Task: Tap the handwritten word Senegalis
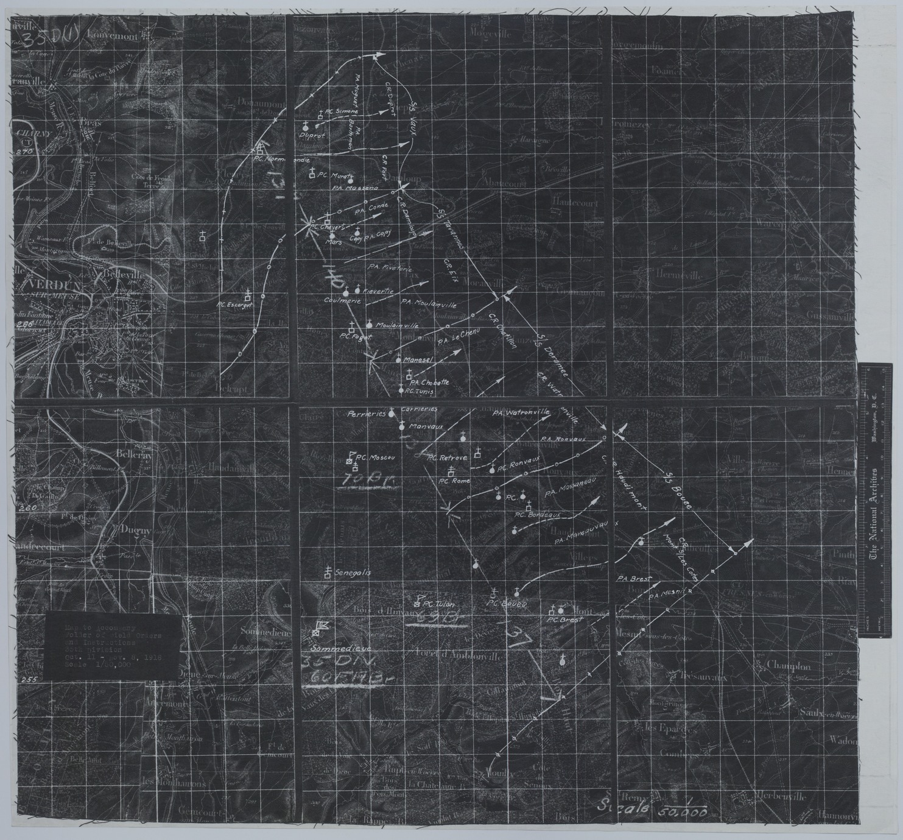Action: pyautogui.click(x=353, y=574)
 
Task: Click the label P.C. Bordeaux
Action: pyautogui.click(x=536, y=515)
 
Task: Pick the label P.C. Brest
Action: pyautogui.click(x=564, y=619)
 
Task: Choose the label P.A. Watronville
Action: pyautogui.click(x=521, y=413)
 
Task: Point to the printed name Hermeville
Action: pyautogui.click(x=680, y=275)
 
